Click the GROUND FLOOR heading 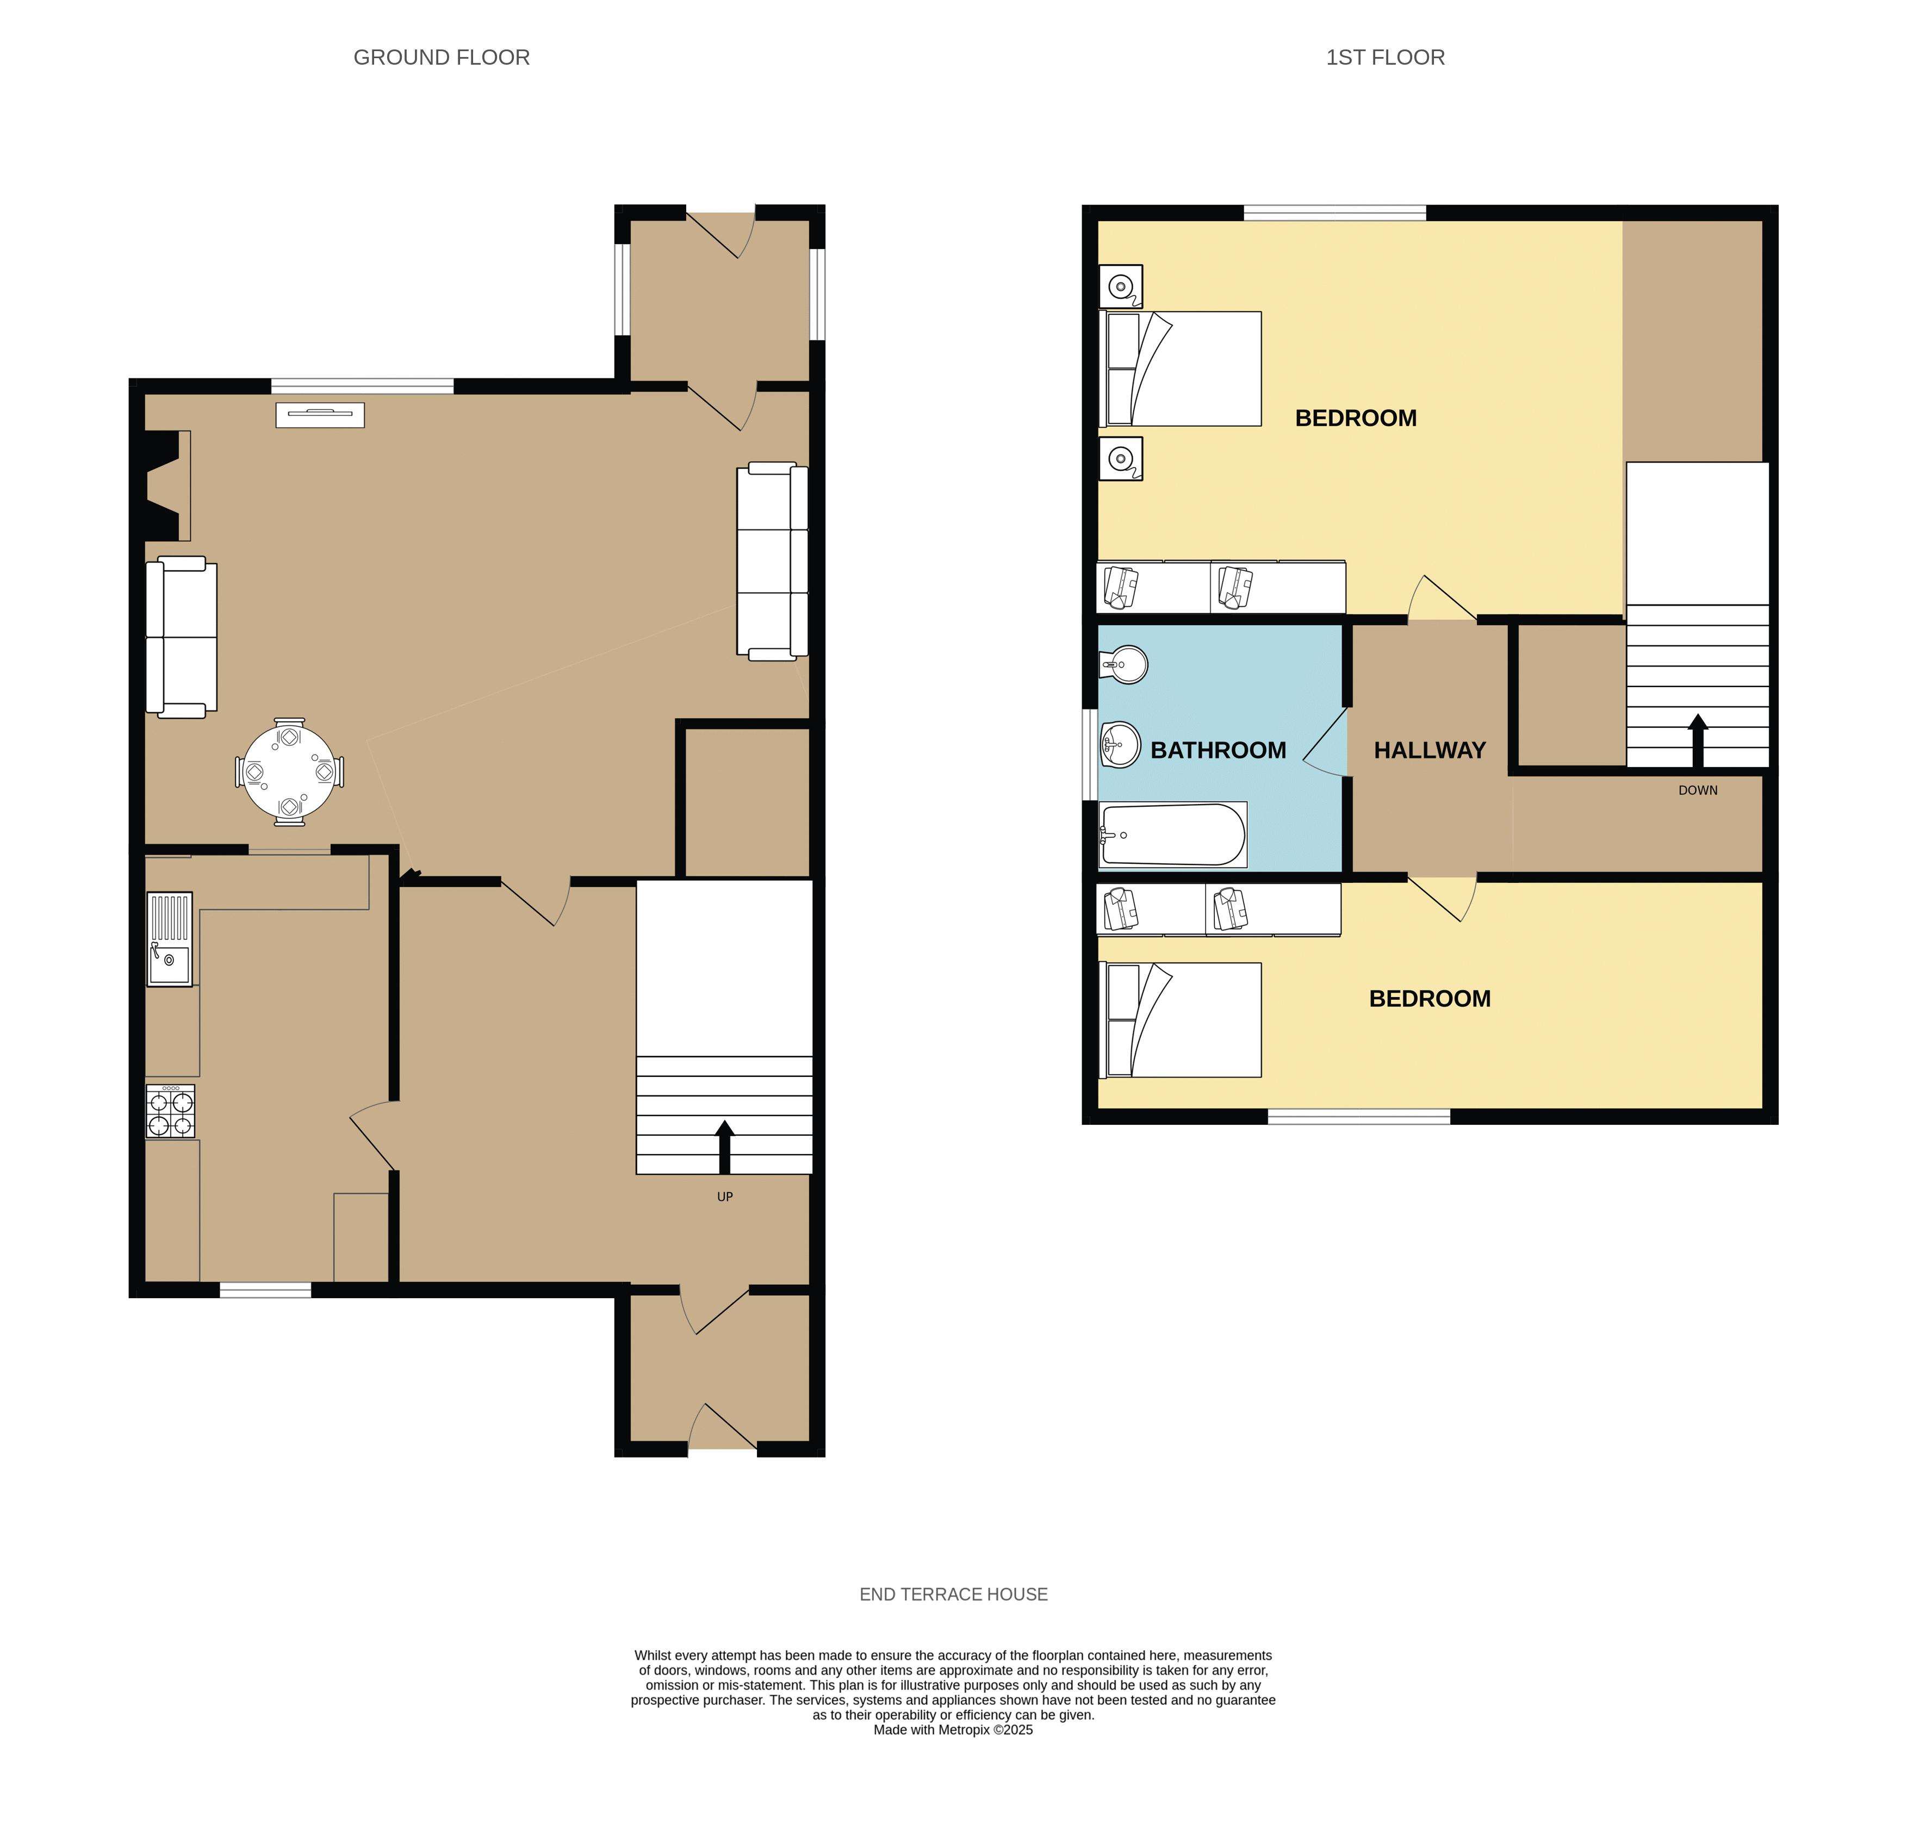[442, 58]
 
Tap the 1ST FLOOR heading [1386, 58]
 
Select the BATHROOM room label [1218, 750]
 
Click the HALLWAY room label [1429, 750]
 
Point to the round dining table [289, 773]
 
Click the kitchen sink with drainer [169, 939]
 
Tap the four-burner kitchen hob [170, 1111]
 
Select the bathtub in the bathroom [1172, 834]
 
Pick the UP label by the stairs [725, 1197]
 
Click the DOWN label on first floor [1698, 790]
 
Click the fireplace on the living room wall [167, 485]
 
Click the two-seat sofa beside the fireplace [181, 637]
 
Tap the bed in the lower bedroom [1179, 1019]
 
